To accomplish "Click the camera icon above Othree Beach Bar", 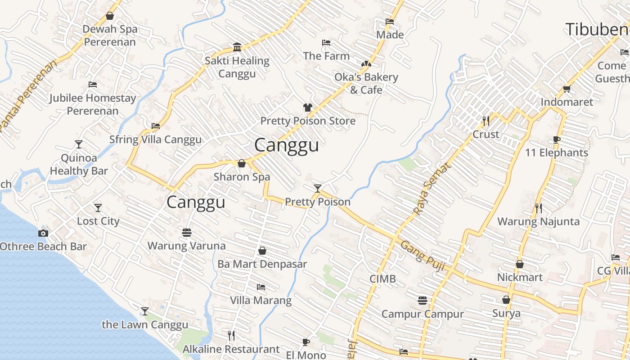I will pyautogui.click(x=43, y=233).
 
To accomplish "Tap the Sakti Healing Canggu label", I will pyautogui.click(x=237, y=67).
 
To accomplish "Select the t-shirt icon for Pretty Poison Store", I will pyautogui.click(x=308, y=107).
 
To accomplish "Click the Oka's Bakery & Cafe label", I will pyautogui.click(x=366, y=83).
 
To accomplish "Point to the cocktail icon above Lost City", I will pyautogui.click(x=98, y=207).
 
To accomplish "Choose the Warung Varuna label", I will pyautogui.click(x=187, y=246).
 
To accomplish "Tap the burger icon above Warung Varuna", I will pyautogui.click(x=187, y=233).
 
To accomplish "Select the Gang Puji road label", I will pyautogui.click(x=423, y=256).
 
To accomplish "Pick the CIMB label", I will pyautogui.click(x=382, y=279).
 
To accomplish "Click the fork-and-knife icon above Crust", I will pyautogui.click(x=486, y=121).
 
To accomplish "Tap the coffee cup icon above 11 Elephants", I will pyautogui.click(x=557, y=139).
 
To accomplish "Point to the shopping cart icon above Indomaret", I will pyautogui.click(x=567, y=89).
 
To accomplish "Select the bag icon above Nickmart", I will pyautogui.click(x=520, y=264).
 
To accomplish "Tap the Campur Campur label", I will pyautogui.click(x=423, y=314).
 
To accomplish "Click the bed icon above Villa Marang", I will pyautogui.click(x=261, y=287).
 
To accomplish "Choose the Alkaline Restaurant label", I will pyautogui.click(x=231, y=349).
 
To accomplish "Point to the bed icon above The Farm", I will pyautogui.click(x=327, y=43).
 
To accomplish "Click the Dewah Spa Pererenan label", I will pyautogui.click(x=110, y=36).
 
